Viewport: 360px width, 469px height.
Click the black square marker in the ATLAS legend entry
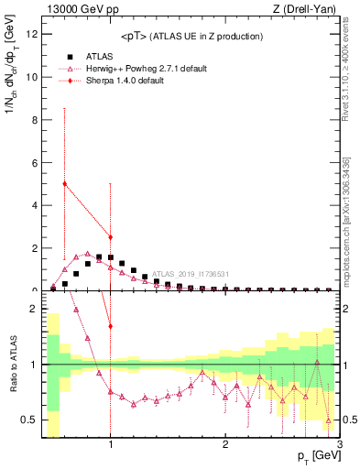[65, 56]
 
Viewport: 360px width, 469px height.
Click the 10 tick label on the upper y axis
[33, 78]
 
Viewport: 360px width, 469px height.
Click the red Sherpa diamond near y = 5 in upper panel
[64, 183]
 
